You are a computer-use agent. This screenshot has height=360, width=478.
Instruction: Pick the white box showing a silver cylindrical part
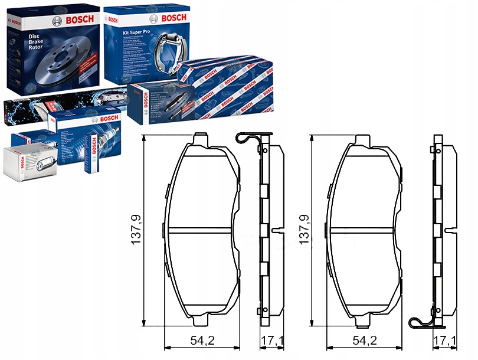point(29,162)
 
